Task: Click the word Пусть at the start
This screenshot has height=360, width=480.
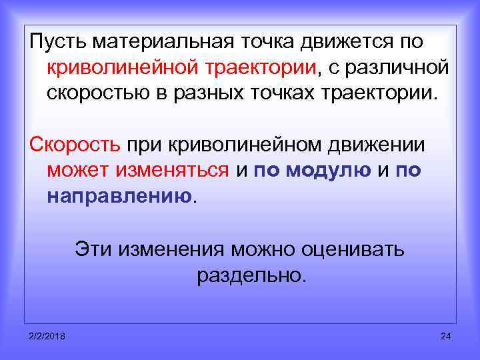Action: tap(56, 42)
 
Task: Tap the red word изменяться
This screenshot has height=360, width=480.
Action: tap(173, 170)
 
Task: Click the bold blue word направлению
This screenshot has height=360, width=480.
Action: tap(119, 195)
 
